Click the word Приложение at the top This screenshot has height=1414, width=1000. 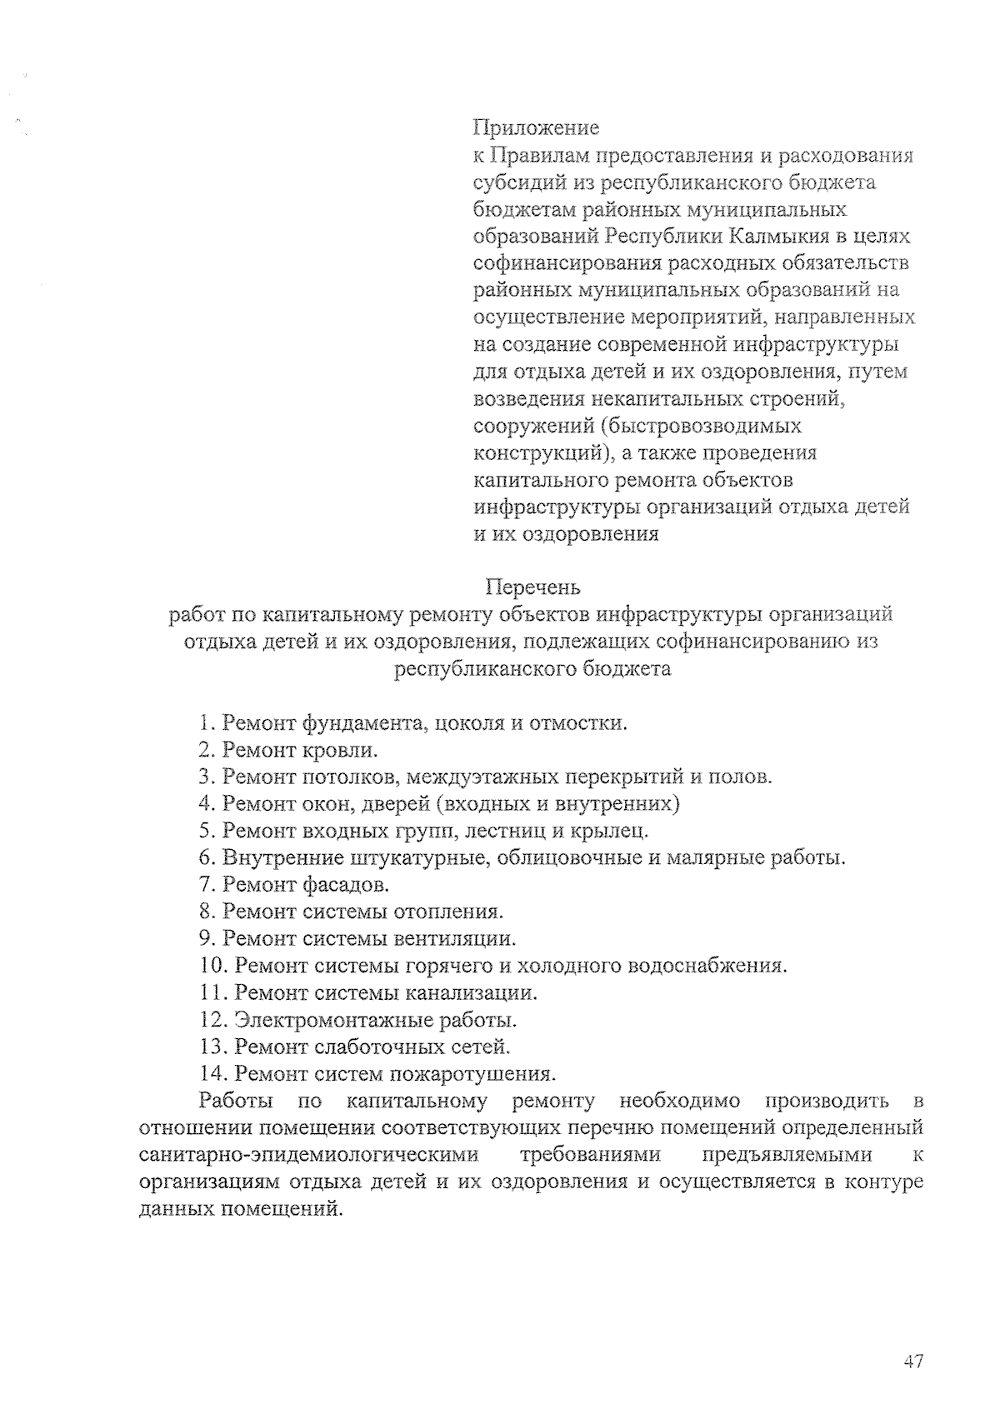[536, 128]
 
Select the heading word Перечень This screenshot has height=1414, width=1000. [532, 588]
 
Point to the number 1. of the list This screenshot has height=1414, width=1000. [207, 723]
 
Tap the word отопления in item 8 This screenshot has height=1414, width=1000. [454, 911]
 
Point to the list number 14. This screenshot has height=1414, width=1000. [213, 1073]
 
